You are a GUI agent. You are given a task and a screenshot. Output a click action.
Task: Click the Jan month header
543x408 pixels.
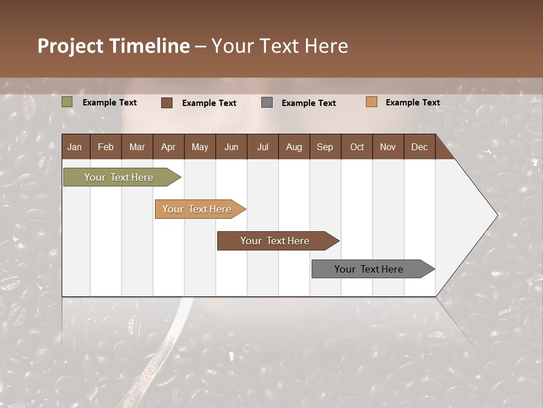click(75, 147)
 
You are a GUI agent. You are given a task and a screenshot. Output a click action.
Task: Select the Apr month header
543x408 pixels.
click(168, 147)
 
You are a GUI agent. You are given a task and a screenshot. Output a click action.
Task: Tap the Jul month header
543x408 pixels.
click(262, 147)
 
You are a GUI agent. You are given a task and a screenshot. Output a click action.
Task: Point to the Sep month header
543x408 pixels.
click(325, 147)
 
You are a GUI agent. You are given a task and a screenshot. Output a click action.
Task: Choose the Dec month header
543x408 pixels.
click(419, 147)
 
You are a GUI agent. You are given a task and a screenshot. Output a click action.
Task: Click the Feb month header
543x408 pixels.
click(106, 147)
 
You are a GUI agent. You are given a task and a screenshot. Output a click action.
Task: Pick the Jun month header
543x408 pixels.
click(231, 147)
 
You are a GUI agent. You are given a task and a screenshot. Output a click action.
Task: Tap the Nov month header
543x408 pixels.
click(387, 147)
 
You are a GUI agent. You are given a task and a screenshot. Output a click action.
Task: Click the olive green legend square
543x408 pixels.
click(67, 102)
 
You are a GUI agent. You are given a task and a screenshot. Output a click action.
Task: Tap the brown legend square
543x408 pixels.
click(167, 103)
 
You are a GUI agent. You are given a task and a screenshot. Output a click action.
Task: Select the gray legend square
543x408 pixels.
click(267, 103)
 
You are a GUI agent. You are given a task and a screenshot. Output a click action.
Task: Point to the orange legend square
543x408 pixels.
click(371, 102)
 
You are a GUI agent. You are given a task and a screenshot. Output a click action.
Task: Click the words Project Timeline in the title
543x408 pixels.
click(114, 46)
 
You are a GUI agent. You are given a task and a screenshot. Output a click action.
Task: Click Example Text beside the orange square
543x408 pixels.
click(412, 102)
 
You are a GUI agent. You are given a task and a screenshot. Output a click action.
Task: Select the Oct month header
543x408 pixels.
click(357, 147)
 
